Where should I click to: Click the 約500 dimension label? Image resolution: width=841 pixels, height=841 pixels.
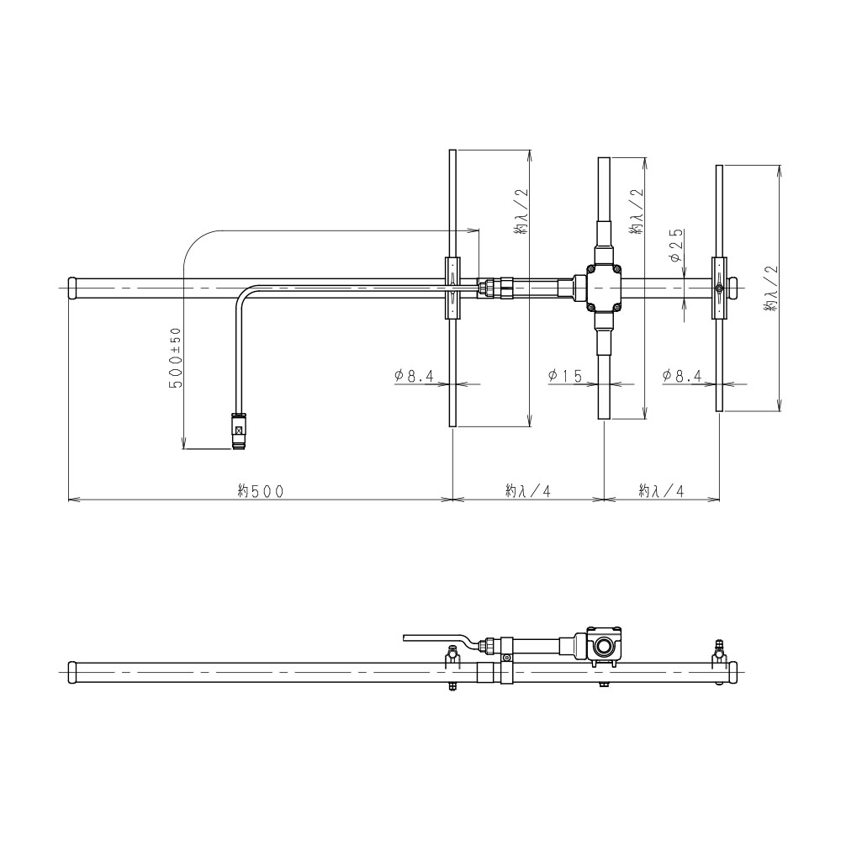(261, 491)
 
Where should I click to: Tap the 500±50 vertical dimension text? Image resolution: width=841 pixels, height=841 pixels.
(176, 357)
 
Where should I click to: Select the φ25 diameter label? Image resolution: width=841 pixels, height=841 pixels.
(676, 246)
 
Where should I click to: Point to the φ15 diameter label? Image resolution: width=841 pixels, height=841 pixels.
(565, 376)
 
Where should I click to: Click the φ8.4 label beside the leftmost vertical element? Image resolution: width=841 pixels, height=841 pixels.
(414, 376)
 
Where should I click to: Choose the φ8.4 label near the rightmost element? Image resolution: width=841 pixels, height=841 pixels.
(681, 376)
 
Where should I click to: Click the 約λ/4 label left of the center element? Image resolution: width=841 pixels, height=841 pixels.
(528, 491)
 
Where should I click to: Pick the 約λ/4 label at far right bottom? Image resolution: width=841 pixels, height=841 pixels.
(661, 491)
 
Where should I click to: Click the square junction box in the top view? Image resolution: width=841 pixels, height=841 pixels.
(605, 288)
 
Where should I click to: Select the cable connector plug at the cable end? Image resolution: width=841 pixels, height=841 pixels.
(239, 431)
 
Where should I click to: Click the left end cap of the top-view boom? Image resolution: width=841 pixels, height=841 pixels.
(72, 288)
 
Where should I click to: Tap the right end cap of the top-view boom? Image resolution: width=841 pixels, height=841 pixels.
(733, 288)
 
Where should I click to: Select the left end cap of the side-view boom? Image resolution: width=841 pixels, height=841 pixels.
(72, 673)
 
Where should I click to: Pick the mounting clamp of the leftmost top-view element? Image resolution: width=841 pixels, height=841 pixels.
(453, 288)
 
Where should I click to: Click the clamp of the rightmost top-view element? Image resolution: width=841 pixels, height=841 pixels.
(719, 288)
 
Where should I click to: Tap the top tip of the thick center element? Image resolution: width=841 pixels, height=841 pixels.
(605, 158)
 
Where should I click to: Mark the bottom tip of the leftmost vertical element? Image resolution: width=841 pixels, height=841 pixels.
(453, 426)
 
